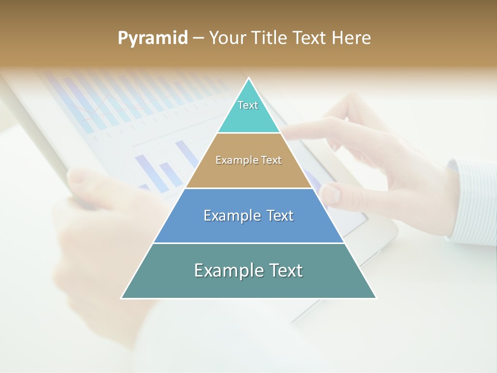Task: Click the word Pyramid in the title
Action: (x=152, y=38)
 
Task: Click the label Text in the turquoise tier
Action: (x=248, y=105)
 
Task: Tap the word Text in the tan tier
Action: (x=271, y=161)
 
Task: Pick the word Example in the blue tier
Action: (x=230, y=216)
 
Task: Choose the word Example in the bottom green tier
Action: (x=227, y=270)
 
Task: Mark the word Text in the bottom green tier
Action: (x=285, y=270)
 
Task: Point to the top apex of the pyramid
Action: (x=248, y=79)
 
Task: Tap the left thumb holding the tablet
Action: (x=83, y=181)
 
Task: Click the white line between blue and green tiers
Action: (x=248, y=243)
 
